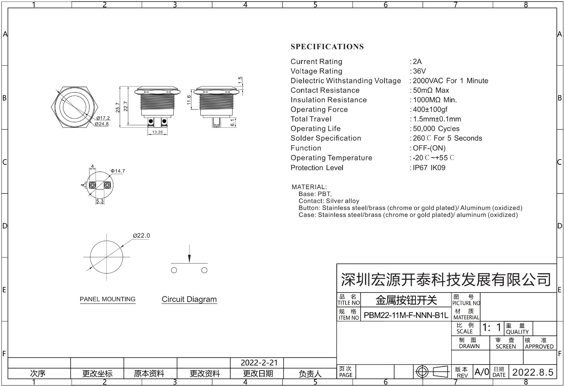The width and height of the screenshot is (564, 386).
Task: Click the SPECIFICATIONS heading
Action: click(x=327, y=46)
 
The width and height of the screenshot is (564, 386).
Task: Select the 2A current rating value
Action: click(x=417, y=61)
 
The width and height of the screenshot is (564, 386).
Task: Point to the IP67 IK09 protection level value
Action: click(x=429, y=168)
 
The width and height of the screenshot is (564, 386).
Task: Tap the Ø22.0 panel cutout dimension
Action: click(x=141, y=236)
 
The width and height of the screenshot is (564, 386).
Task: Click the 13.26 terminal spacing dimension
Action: click(x=157, y=132)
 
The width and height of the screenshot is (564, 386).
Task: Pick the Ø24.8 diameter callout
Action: click(x=102, y=124)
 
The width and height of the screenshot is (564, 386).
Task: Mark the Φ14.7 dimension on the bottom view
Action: click(x=118, y=171)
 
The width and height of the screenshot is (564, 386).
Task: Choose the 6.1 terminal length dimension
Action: click(x=232, y=123)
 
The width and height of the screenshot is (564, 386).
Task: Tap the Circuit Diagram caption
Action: click(x=189, y=299)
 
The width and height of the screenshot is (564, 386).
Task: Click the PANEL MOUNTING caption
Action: click(x=108, y=299)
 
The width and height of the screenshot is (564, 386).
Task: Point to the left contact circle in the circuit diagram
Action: click(x=174, y=270)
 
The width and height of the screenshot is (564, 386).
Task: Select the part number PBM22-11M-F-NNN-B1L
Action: click(x=406, y=315)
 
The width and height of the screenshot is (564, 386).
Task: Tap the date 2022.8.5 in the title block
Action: click(x=533, y=372)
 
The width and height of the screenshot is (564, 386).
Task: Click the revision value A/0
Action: click(x=482, y=372)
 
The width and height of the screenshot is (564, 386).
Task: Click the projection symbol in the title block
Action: click(x=432, y=372)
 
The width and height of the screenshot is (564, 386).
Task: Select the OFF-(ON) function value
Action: click(x=429, y=148)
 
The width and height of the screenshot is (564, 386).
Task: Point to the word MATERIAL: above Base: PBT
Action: click(x=309, y=187)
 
